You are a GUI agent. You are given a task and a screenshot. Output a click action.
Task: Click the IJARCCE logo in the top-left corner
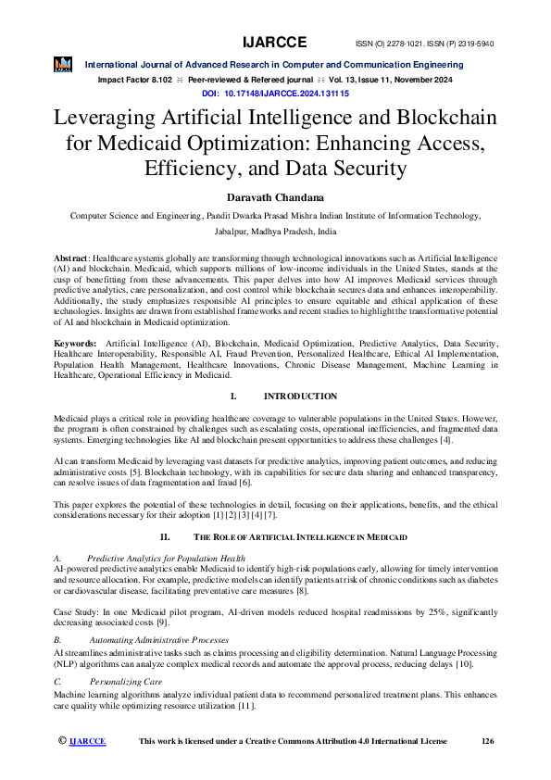click(64, 64)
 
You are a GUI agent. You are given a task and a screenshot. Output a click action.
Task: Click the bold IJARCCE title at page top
click(275, 43)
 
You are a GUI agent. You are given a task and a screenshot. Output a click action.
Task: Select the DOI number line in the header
click(275, 94)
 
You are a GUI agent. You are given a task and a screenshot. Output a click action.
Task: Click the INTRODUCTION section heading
click(300, 396)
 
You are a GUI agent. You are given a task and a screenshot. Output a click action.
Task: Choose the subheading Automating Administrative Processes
click(158, 640)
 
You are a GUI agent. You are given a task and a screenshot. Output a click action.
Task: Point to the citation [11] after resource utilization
click(244, 706)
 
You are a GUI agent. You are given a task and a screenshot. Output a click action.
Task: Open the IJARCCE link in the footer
click(88, 741)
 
